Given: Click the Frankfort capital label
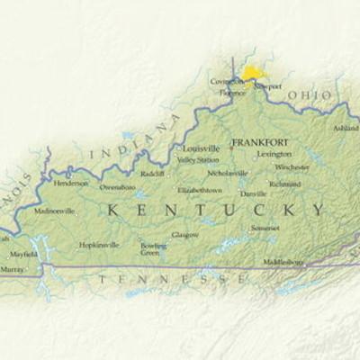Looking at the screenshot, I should [261, 142].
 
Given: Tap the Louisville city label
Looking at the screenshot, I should [201, 148].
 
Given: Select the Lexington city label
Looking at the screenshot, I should [274, 154].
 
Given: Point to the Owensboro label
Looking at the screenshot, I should [117, 187].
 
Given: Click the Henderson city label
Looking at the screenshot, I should [71, 182].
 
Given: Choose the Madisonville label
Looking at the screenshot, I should [54, 211].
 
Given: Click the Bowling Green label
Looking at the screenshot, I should [153, 248].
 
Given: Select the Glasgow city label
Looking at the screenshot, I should [185, 234].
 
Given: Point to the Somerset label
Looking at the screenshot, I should [265, 228].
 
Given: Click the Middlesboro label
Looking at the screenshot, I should [283, 262].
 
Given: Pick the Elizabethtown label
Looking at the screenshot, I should [199, 191].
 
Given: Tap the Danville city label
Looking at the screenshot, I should [253, 193].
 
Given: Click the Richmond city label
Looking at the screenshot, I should [284, 184].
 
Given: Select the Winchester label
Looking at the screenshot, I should [292, 166].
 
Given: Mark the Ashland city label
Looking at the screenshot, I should [346, 129].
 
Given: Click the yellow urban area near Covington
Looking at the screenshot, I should [256, 72].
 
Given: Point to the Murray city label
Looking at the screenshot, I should [13, 269].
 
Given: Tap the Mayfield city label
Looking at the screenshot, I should [23, 254].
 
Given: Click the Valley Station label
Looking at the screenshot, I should [197, 159].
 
